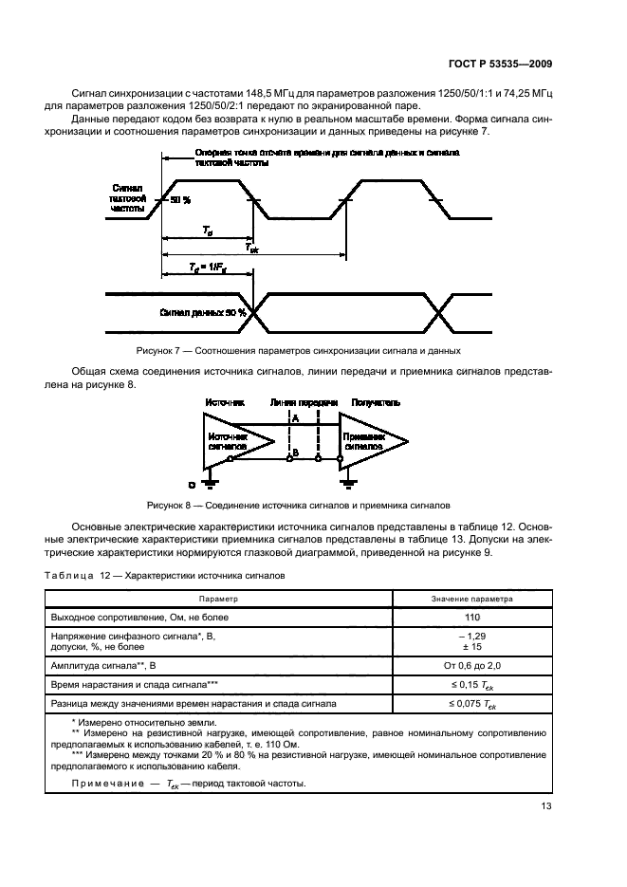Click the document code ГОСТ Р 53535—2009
point(499,64)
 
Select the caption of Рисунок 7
point(299,351)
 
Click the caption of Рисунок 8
point(298,506)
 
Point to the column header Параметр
point(218,600)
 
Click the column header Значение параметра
point(471,600)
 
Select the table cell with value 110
point(471,617)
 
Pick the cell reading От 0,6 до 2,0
point(471,665)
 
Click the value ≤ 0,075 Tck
point(471,703)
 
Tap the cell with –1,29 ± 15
point(471,641)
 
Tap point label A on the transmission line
point(295,417)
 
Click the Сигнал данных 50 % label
point(203,311)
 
